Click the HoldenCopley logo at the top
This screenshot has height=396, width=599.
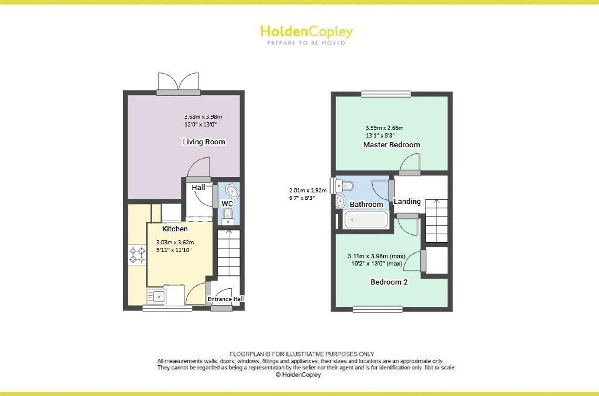pos(306,35)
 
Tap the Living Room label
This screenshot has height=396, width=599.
pos(204,142)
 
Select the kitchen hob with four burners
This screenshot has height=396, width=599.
pos(137,255)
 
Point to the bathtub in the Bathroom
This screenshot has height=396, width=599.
pos(366,220)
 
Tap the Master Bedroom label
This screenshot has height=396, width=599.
pos(391,145)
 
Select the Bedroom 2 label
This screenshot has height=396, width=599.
pos(389,282)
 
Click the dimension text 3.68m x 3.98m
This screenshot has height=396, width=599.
pos(203,117)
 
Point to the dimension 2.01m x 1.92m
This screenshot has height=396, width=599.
pos(308,190)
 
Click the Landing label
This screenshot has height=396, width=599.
pos(407,202)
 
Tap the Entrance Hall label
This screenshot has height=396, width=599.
pos(226,299)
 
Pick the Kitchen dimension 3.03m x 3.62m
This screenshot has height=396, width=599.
pos(175,242)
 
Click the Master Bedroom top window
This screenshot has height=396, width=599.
pos(386,94)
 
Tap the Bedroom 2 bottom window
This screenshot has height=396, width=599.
pos(377,309)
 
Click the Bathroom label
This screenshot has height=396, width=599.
pos(367,204)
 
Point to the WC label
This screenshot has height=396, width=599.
pos(227,204)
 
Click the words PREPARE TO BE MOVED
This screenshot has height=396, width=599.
pos(306,43)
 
